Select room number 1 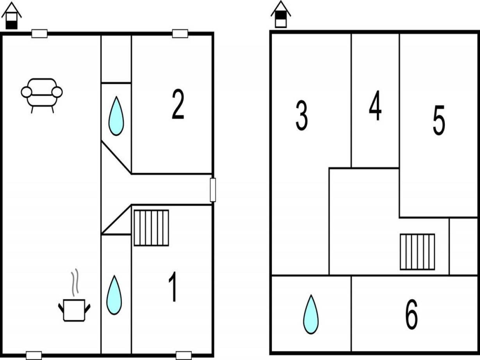coord(173,287)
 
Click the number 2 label coord(178,104)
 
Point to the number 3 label coord(302,116)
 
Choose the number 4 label coord(375,105)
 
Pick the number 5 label coord(439,120)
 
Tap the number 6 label coord(412,315)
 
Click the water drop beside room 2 coord(116,116)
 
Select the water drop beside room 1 coord(114,295)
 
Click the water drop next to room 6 coord(311,315)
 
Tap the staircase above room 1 coord(151,228)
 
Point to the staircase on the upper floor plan coord(418,252)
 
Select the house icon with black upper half coord(281,14)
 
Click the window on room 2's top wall coord(180,34)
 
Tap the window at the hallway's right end coord(213,190)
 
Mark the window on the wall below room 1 coord(184,355)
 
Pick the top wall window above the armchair coord(39,34)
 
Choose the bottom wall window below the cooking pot coord(34,355)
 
